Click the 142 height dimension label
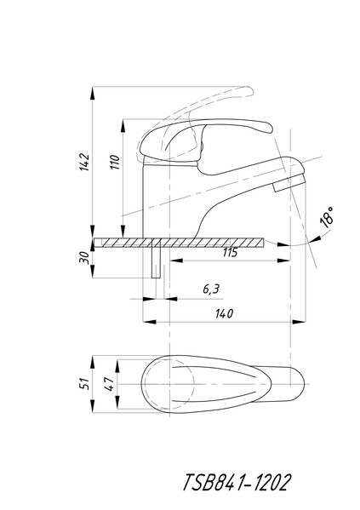[x=84, y=162]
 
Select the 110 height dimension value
[x=115, y=162]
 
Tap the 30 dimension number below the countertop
[x=84, y=258]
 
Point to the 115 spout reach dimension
[x=231, y=252]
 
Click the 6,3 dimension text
[x=211, y=289]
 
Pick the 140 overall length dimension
[x=224, y=313]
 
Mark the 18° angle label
[x=327, y=216]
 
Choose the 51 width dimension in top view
[x=84, y=384]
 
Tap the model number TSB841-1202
[x=236, y=483]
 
